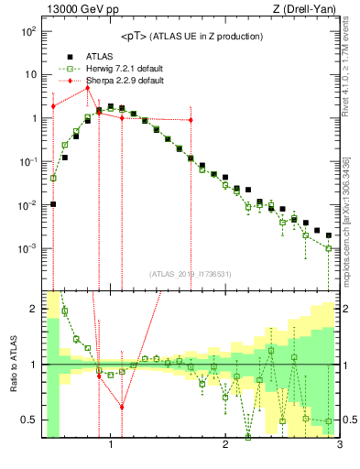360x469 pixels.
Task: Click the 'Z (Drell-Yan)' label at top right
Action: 307,10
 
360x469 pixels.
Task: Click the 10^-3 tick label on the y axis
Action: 27,248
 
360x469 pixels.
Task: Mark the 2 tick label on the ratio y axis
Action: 33,309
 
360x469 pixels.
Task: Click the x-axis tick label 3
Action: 339,447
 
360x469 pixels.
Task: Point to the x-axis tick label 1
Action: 111,447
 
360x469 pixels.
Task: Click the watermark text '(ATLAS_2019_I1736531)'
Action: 191,274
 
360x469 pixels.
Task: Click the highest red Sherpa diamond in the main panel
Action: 87,88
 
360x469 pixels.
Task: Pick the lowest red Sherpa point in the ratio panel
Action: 122,408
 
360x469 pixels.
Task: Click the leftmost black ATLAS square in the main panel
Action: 53,203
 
